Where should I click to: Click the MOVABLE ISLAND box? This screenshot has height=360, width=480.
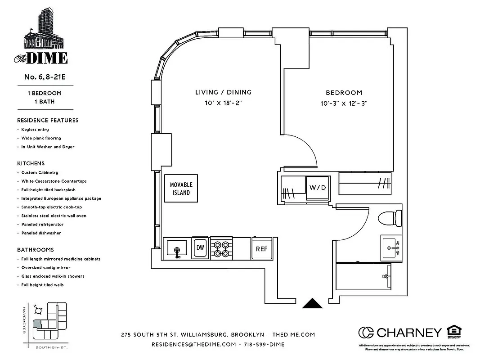[181, 188]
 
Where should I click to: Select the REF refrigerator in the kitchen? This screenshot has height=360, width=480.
[262, 248]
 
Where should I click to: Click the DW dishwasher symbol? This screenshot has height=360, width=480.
[200, 248]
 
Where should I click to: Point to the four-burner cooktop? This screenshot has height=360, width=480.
[221, 248]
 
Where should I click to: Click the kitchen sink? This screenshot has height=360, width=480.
[177, 248]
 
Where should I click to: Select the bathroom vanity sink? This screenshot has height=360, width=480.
[391, 247]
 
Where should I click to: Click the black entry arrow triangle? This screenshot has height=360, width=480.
[313, 304]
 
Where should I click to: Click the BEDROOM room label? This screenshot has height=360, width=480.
[344, 93]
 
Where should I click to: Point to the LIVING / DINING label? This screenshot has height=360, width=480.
[223, 92]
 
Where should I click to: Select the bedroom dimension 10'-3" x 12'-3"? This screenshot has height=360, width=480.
[344, 103]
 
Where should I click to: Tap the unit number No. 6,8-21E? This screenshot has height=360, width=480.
[45, 76]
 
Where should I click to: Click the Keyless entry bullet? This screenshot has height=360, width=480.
[35, 130]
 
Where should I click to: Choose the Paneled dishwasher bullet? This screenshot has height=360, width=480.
[41, 233]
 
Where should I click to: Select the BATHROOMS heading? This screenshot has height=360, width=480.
[36, 250]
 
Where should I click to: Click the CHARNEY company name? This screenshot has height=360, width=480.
[408, 333]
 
